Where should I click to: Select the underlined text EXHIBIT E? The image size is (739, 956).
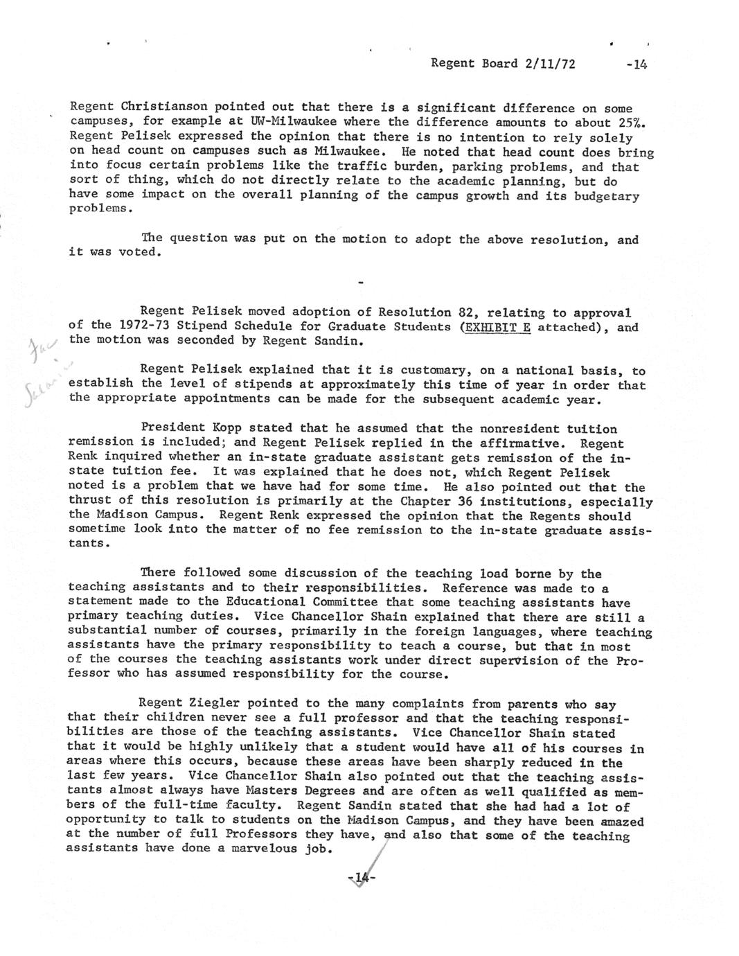(x=495, y=327)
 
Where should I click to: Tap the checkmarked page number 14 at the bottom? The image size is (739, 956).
(x=360, y=878)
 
